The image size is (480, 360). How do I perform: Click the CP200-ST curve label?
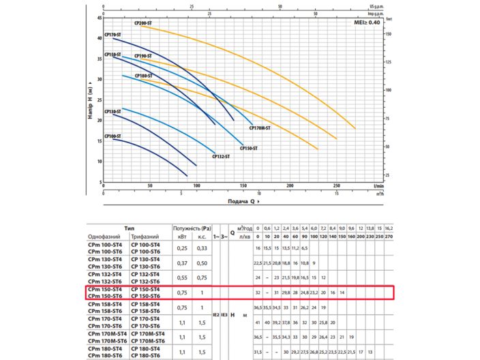point(142,23)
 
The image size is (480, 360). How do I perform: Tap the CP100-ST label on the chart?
point(112,136)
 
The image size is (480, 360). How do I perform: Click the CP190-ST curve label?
point(142,56)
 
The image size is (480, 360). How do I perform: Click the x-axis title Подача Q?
point(242,202)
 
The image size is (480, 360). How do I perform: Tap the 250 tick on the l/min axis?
point(336,185)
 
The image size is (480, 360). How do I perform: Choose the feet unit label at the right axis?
point(389,19)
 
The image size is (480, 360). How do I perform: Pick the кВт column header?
point(182,236)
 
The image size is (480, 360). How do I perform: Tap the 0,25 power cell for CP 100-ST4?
point(182,247)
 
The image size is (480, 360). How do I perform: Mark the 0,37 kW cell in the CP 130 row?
point(182,262)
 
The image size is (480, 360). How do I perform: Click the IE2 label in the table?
point(216,315)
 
